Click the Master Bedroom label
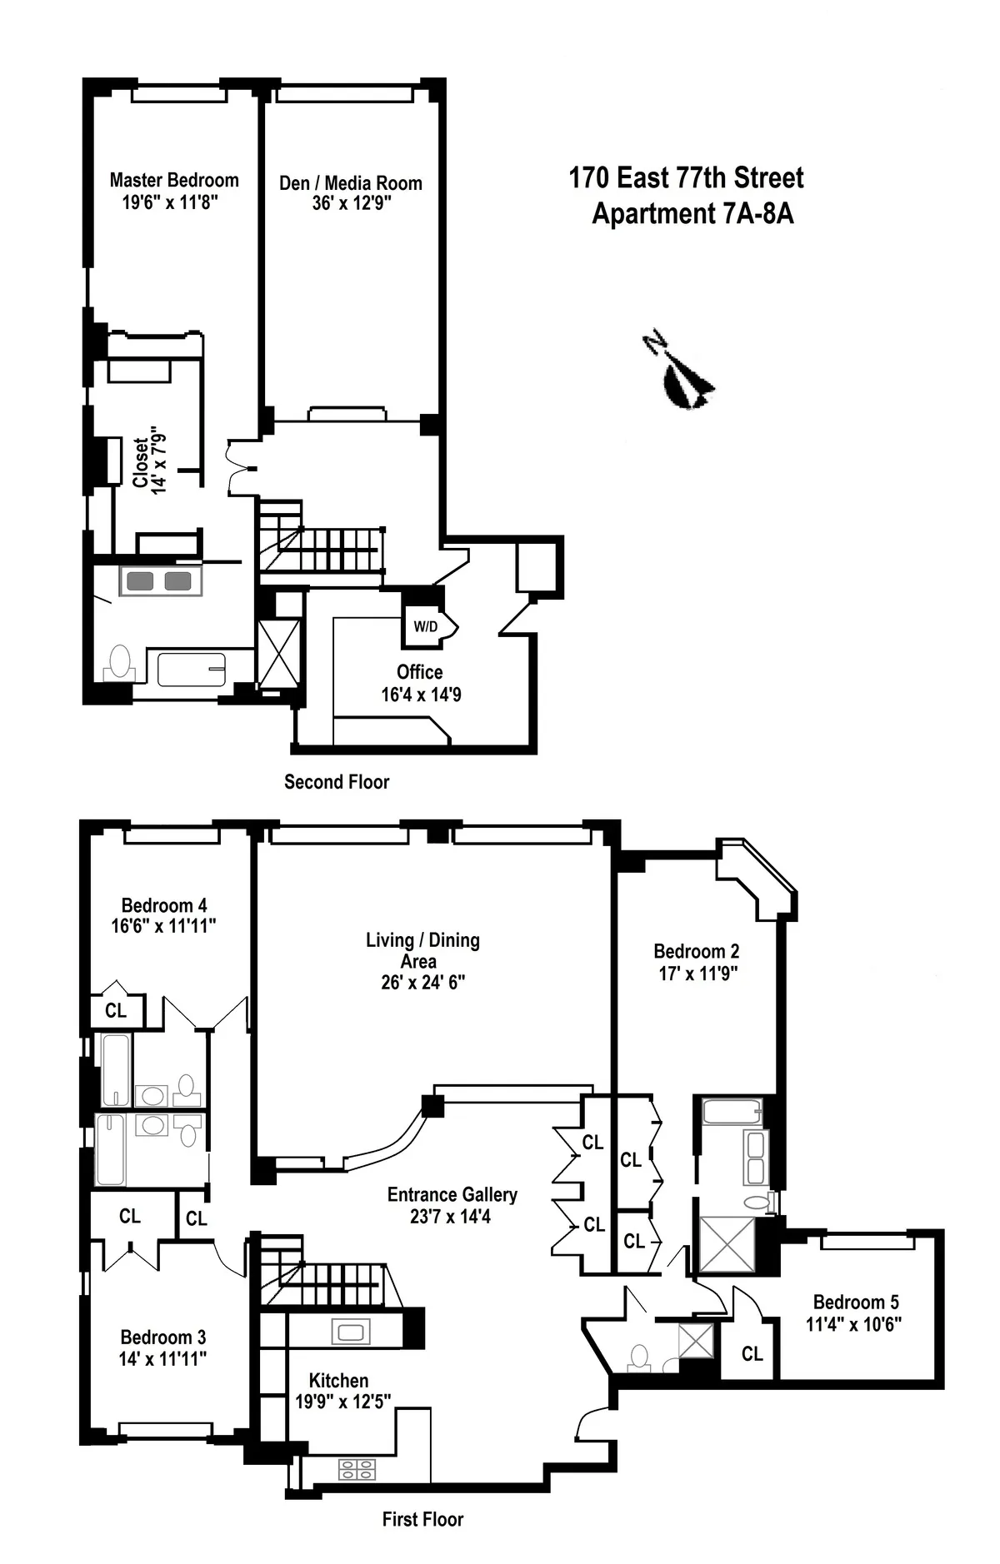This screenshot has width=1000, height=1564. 174,181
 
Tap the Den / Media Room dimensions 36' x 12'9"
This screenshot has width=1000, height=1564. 352,204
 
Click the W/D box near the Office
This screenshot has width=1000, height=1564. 425,626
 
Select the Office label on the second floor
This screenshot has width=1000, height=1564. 419,672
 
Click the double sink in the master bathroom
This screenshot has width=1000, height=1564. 160,580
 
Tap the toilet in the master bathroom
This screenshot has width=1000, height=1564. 120,664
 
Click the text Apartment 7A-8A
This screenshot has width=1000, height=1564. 692,214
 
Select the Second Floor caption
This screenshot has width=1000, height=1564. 337,782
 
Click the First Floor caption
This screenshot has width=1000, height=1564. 422,1519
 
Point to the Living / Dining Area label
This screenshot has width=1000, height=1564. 422,950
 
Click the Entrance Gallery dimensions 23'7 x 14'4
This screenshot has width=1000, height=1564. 450,1217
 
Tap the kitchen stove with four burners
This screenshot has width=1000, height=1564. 357,1470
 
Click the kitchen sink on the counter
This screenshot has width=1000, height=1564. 350,1331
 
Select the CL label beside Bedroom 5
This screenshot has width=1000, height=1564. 752,1354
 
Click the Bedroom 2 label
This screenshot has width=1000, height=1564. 696,951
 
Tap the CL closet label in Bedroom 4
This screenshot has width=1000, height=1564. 116,1010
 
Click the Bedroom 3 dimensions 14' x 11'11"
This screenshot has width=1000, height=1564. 162,1358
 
